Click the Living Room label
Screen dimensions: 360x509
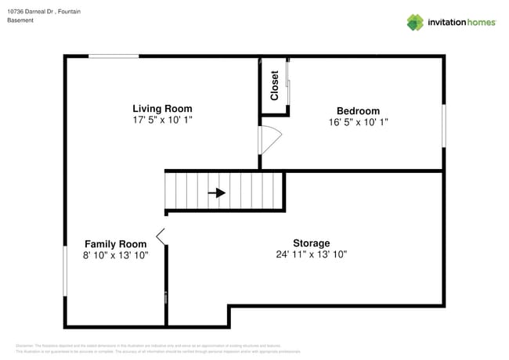click(x=162, y=109)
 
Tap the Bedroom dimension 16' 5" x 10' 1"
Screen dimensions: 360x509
click(x=358, y=122)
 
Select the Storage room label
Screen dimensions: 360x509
click(x=311, y=243)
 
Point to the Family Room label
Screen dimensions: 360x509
click(x=115, y=243)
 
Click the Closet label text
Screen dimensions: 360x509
click(x=275, y=85)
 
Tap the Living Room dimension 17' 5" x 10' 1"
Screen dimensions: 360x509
click(x=162, y=121)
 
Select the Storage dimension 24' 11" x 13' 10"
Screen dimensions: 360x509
click(x=311, y=254)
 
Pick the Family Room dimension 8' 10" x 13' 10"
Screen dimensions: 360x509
click(x=115, y=255)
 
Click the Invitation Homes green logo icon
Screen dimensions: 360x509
click(x=414, y=22)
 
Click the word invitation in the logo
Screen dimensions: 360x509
click(x=449, y=23)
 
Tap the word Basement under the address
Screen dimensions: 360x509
click(x=20, y=20)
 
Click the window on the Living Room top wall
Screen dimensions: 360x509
click(x=114, y=56)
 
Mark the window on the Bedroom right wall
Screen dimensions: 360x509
click(x=443, y=125)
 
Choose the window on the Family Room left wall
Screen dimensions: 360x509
click(x=65, y=272)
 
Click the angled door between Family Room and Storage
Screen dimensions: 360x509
click(x=161, y=236)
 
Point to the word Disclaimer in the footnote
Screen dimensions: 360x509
click(x=24, y=345)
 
